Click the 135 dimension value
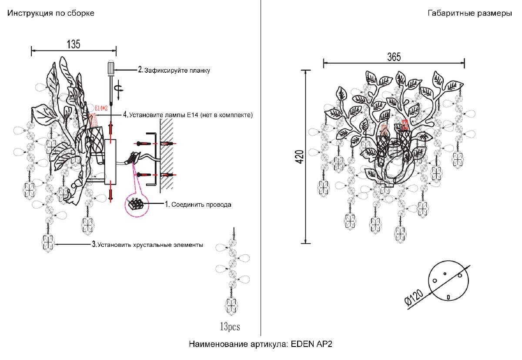(73, 44)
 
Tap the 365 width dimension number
(393, 57)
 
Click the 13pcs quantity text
(230, 326)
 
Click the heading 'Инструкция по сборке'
(50, 13)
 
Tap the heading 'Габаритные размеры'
(470, 13)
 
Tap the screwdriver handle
(110, 68)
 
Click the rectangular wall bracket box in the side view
(110, 161)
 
